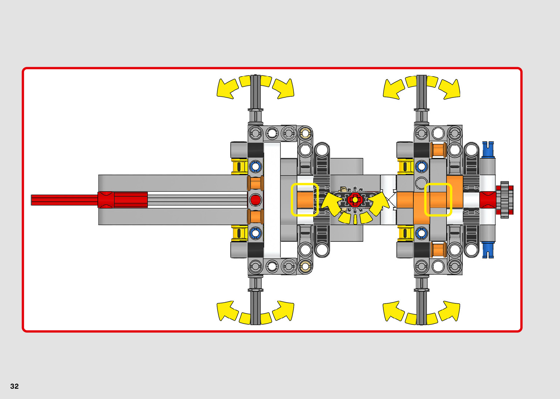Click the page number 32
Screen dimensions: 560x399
tap(14, 386)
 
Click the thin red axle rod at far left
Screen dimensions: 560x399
tap(64, 200)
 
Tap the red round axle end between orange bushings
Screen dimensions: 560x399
tap(255, 200)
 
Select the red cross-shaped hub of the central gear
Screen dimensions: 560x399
tap(355, 200)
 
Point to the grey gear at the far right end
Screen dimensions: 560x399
tap(505, 200)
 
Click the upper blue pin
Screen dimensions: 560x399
tap(488, 149)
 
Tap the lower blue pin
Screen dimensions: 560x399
tap(488, 250)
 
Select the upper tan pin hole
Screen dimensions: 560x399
tap(305, 133)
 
